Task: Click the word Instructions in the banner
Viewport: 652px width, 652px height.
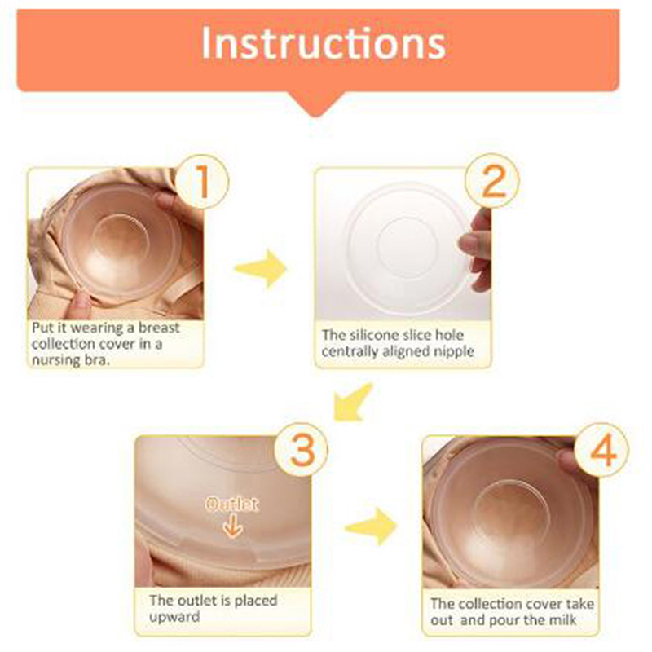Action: coord(324,44)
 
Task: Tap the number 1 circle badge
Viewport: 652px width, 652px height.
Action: coord(202,182)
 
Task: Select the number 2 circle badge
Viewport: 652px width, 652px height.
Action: coord(492,180)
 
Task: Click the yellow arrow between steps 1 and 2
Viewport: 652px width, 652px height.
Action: coord(261,269)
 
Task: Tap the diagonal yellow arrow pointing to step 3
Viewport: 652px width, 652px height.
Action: coord(352,403)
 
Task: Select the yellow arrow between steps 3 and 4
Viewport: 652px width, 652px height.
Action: coord(371,526)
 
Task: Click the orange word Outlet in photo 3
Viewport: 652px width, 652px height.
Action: coord(232,504)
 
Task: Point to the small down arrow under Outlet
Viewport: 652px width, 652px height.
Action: coord(232,526)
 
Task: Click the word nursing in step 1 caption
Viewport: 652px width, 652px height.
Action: coord(56,359)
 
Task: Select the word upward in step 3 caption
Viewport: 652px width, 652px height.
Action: coord(174,617)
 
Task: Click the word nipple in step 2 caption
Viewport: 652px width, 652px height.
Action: coord(454,352)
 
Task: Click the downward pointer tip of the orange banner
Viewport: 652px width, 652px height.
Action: coord(317,116)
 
